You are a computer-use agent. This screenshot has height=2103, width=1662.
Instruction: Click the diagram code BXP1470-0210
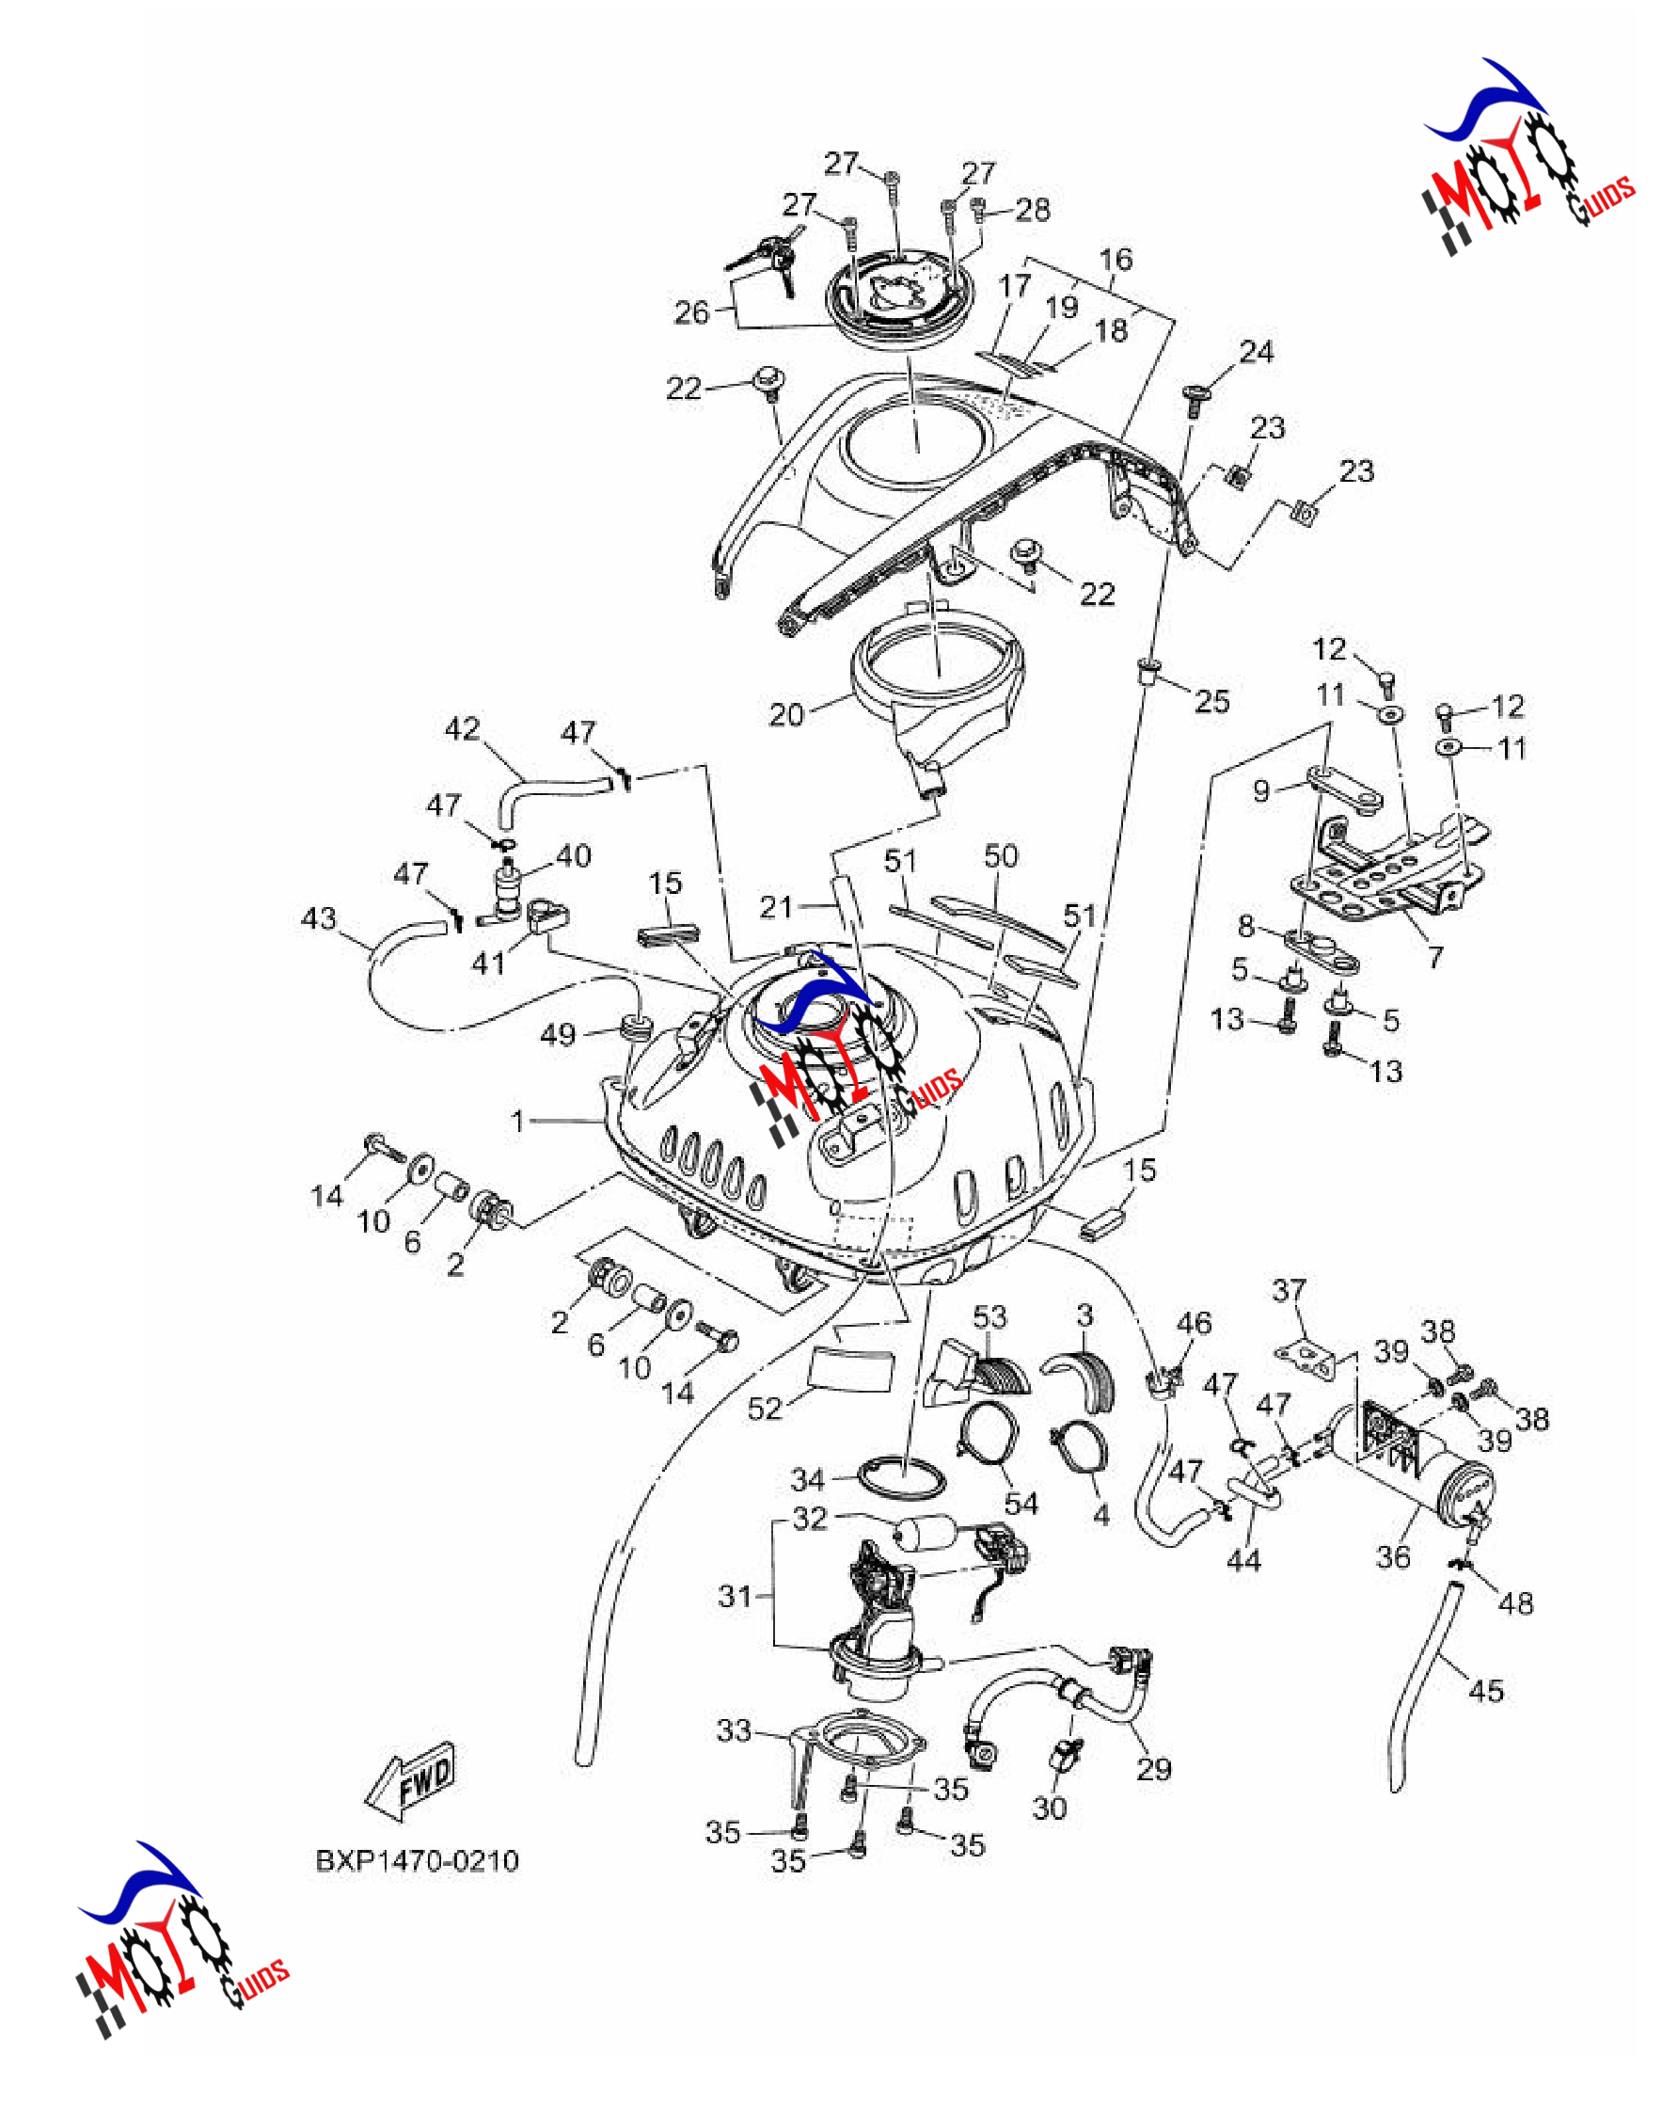tap(418, 1859)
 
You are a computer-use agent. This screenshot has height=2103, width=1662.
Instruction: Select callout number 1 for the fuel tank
tap(517, 1121)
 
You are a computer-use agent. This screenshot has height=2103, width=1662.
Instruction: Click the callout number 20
tap(786, 714)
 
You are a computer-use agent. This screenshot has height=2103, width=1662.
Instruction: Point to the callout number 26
tap(692, 312)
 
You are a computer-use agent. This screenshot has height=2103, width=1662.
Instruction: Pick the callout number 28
tap(1034, 209)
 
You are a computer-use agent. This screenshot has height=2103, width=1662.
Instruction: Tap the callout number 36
tap(1392, 1556)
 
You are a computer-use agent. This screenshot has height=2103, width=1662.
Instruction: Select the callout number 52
tap(765, 1409)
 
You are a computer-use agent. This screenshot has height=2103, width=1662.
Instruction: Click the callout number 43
tap(319, 917)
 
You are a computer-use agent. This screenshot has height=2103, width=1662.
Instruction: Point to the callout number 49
tap(559, 1034)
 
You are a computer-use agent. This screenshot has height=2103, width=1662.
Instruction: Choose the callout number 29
tap(1154, 1768)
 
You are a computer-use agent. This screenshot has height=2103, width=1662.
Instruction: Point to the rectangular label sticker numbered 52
tap(850, 1370)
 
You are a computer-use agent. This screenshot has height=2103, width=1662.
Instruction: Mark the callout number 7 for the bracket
tap(1435, 958)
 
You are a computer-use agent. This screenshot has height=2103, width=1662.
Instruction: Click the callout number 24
tap(1257, 351)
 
